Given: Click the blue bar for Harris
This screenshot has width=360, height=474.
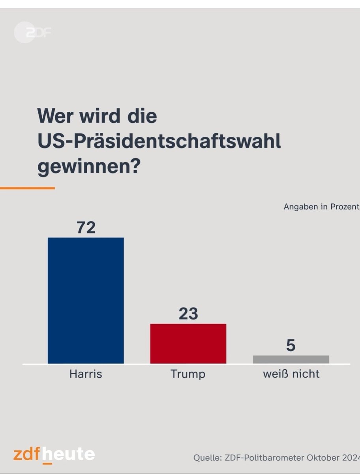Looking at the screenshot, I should (x=86, y=300).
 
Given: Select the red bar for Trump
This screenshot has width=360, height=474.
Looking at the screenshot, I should (x=188, y=343).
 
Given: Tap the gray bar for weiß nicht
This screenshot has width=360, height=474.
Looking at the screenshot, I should (x=291, y=359).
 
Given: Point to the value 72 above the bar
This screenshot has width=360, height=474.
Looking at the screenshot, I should (x=86, y=228).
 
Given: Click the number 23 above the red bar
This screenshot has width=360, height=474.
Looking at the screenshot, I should (x=188, y=314).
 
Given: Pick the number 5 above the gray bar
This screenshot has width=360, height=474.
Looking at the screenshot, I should (x=291, y=346).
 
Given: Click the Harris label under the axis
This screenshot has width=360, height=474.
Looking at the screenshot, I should (x=86, y=374).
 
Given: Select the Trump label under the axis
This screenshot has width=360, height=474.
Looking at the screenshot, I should (x=188, y=374).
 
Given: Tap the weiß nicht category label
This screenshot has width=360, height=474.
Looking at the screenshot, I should (x=291, y=374).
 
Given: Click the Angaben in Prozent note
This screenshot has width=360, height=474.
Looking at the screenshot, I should (x=321, y=207).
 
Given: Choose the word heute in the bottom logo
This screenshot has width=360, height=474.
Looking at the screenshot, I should (x=69, y=454).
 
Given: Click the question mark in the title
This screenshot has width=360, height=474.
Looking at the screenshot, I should (x=135, y=168).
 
